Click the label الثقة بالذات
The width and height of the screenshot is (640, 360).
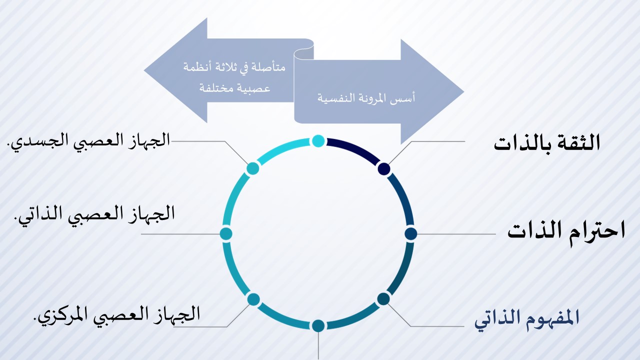pos(547,143)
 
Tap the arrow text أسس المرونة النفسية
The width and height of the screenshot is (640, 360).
pos(366,98)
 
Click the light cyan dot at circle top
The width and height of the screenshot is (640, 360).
pos(318,141)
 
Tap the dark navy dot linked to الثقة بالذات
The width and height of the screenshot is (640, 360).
pos(384,168)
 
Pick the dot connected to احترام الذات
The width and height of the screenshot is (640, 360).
pos(411,233)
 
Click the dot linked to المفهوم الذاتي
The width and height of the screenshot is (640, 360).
pos(383,299)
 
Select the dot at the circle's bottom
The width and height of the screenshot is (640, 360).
pos(318,325)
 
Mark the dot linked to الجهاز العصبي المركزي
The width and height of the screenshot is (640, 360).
pos(253,299)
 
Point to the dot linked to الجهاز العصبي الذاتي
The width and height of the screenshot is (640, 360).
pos(226,233)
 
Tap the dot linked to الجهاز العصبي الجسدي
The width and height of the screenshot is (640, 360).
pos(252,168)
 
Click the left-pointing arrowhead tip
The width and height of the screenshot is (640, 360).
pos(144,70)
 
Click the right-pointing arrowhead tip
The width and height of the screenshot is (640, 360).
pos(464,91)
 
